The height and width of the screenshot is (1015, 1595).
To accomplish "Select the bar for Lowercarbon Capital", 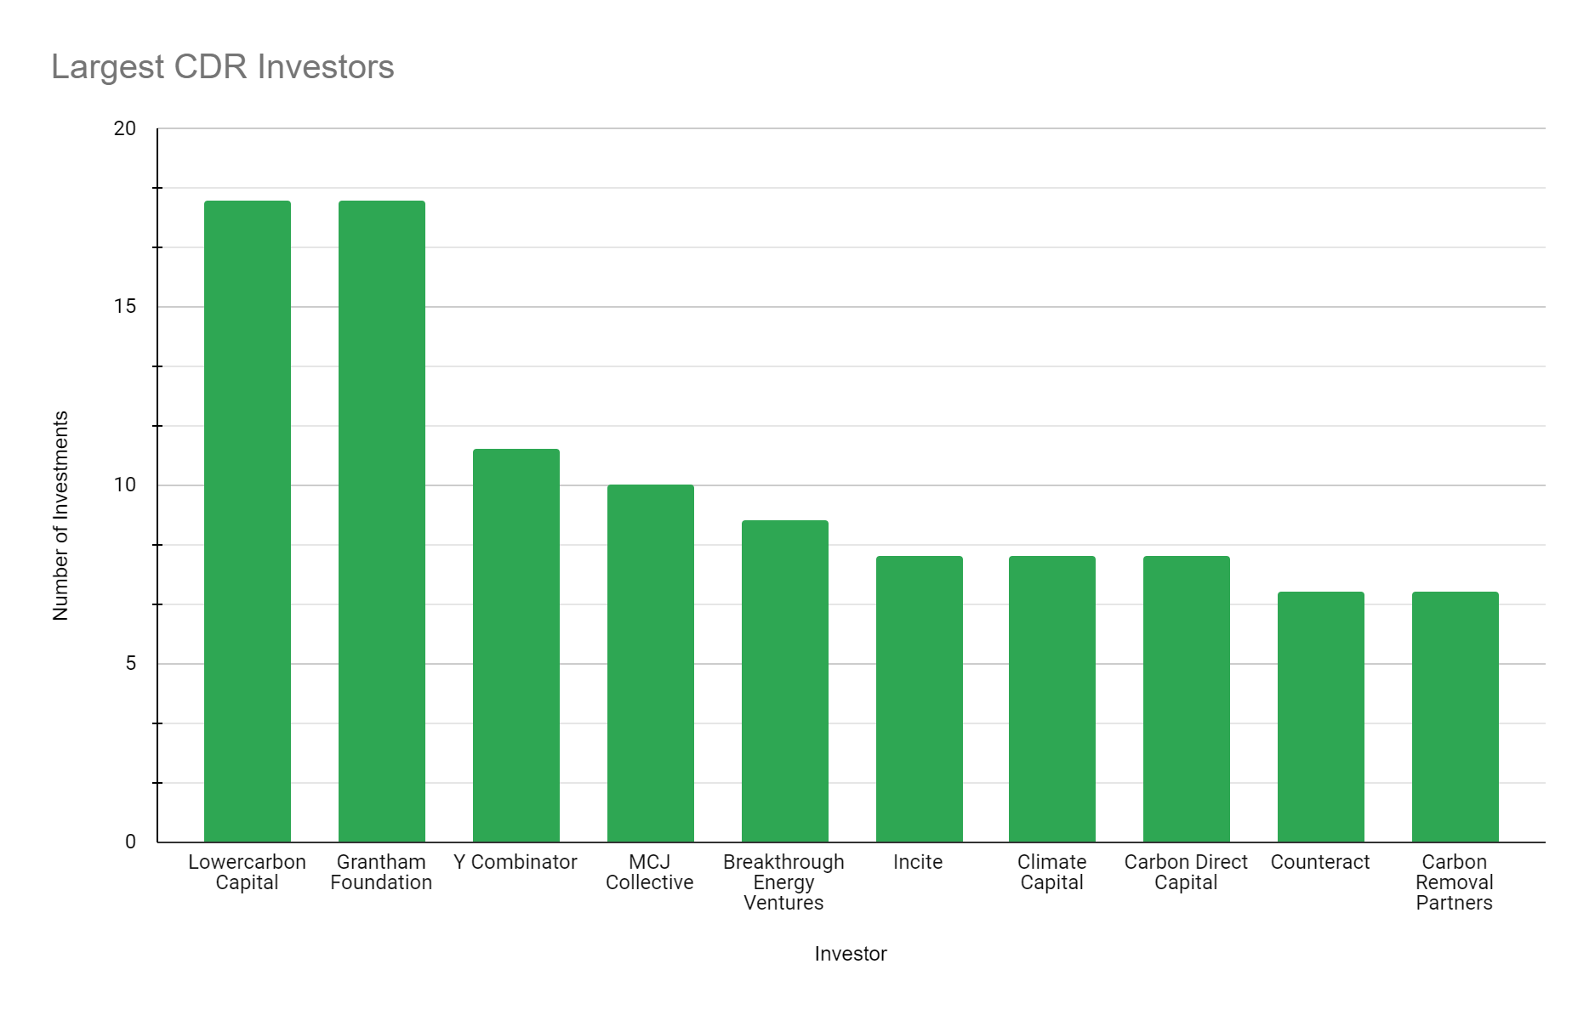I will point(247,522).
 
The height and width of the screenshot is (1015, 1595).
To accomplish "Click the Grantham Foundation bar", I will point(381,522).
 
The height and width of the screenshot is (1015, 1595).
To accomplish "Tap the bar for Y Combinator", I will point(516,646).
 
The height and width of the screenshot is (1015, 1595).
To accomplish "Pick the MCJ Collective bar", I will point(650,664).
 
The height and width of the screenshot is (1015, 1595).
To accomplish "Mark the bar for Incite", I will point(919,700).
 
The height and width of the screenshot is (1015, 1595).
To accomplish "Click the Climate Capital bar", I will point(1051,700).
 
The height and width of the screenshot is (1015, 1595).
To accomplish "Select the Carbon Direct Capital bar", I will point(1186,700).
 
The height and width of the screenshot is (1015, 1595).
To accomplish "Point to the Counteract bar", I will point(1320,717).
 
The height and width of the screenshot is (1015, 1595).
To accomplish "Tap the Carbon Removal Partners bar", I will point(1455,717).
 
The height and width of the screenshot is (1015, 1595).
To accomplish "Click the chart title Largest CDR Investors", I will point(223,67).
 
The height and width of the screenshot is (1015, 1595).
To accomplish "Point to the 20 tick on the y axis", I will point(124,128).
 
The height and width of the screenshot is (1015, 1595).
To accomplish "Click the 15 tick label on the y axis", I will point(124,307).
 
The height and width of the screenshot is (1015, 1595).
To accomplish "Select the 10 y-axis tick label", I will point(124,485).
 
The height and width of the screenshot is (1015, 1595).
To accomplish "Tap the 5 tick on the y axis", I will point(130,664).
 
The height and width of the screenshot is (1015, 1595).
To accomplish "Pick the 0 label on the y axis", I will point(130,842).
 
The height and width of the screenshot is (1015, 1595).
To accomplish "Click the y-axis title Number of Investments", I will point(60,516).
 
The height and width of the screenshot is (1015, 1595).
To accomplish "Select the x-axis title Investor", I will point(851,954).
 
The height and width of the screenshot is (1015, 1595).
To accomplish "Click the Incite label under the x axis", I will point(918,862).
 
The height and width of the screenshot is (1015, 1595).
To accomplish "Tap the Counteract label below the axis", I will point(1320,862).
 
